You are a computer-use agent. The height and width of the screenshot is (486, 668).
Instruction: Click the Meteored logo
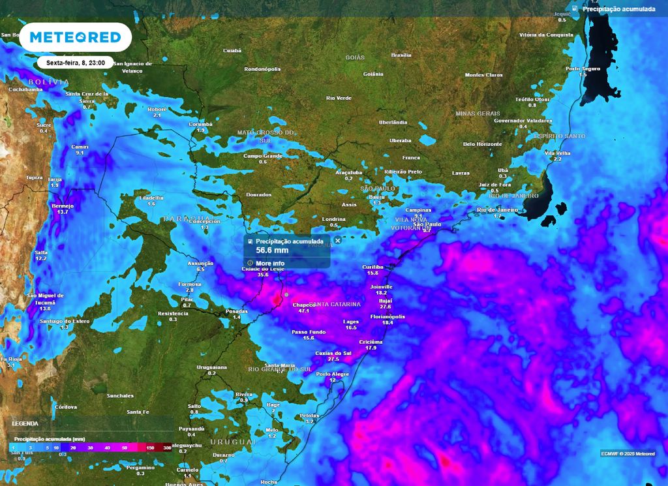pos(75,37)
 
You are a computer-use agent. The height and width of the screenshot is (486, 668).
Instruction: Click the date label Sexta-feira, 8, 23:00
pos(75,63)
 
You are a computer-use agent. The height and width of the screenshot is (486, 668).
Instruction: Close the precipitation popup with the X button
pos(338,240)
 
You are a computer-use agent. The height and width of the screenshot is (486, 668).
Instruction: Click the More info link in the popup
pos(270,264)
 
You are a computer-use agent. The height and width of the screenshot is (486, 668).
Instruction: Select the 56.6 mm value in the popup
pos(272,251)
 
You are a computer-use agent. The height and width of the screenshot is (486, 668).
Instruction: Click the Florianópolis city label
pos(387,316)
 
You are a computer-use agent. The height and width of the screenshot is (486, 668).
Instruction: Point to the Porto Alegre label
pos(333,374)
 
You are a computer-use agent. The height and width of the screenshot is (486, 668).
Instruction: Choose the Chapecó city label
pos(303,305)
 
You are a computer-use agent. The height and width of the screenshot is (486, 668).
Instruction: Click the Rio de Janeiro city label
pos(497,209)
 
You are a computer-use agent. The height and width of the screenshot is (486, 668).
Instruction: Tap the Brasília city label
pos(401,55)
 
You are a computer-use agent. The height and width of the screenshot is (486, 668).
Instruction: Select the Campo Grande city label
pos(263,156)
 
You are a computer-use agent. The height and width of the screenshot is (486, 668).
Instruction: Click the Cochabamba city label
pos(25,89)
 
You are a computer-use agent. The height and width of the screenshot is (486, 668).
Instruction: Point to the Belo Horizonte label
pos(482,144)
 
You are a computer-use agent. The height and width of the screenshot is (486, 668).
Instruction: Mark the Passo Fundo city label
pos(308,332)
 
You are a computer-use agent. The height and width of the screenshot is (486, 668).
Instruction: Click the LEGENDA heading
pos(25,423)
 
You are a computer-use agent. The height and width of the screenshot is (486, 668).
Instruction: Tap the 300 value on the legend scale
pos(168,448)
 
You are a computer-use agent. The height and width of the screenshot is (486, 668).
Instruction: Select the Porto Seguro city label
pos(583,68)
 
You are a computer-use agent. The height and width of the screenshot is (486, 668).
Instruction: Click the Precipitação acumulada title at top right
pos(618,9)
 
